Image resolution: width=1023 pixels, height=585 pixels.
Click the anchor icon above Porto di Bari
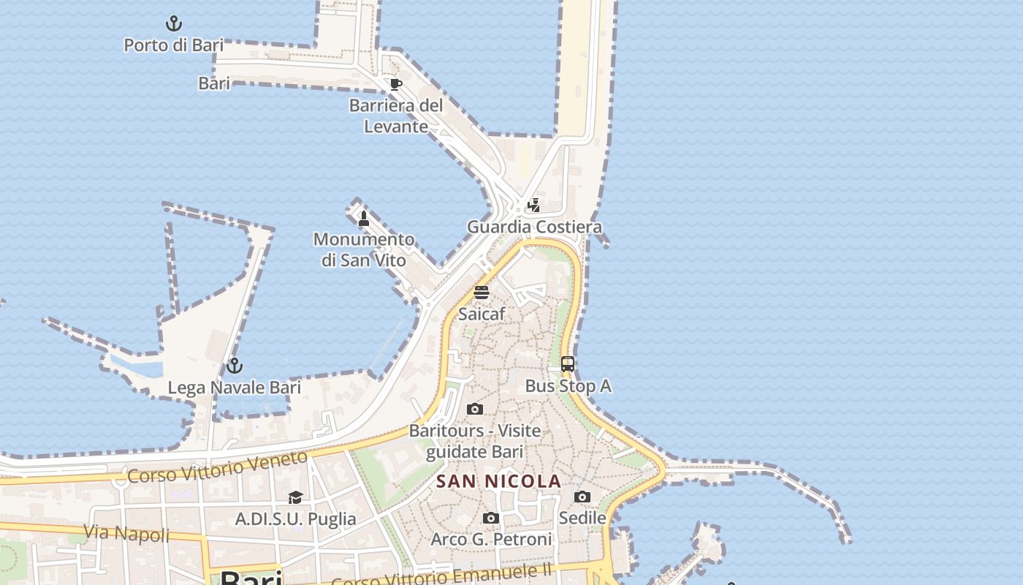pos(173,23)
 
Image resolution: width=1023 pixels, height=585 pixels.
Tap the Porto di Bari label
pos(173,45)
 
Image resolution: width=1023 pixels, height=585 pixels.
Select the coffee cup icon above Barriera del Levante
pos(396,84)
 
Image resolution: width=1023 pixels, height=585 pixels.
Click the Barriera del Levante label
pos(396,116)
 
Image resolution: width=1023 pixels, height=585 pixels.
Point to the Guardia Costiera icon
pos(534,205)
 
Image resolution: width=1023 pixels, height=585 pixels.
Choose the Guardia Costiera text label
pos(534,227)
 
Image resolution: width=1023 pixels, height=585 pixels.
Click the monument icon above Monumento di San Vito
pos(364,218)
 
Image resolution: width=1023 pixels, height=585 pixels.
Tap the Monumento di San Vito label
pos(364,249)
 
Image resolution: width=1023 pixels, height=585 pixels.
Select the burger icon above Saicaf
pos(481,292)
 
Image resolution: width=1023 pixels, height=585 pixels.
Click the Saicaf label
pos(481,314)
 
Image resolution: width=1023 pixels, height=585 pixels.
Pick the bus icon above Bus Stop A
pos(568,364)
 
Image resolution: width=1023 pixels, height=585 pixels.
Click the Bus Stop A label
pos(568,385)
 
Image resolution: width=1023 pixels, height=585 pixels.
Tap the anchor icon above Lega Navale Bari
pos(234,365)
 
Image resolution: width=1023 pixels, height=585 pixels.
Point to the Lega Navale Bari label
pos(234,387)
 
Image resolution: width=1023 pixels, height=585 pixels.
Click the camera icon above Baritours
pos(475,409)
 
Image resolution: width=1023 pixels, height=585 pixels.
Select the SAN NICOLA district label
pos(498,481)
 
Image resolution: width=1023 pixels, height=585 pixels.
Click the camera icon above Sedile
pos(582,497)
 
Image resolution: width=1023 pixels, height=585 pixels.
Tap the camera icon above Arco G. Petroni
pos(491,518)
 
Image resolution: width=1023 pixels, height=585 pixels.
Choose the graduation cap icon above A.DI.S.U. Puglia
pos(295,498)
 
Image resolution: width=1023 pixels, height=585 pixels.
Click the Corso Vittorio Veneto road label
pos(218,467)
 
